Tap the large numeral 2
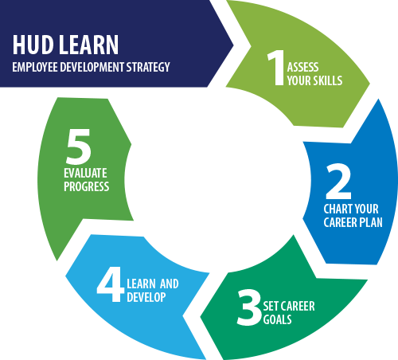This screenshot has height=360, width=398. (x=338, y=183)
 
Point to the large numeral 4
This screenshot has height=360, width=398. (x=110, y=284)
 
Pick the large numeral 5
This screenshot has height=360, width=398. (x=79, y=147)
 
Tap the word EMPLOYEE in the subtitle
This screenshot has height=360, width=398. (x=37, y=67)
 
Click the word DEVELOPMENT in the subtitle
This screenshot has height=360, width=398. (x=90, y=67)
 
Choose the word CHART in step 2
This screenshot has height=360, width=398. (x=338, y=209)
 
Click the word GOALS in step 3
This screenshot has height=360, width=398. (x=279, y=320)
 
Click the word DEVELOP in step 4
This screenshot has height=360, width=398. (x=145, y=297)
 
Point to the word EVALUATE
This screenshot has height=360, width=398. (x=86, y=173)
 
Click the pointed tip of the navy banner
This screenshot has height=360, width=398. (x=233, y=43)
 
